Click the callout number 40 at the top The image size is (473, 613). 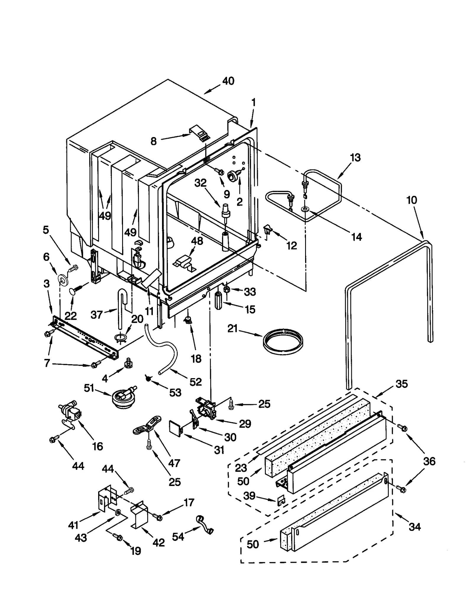point(228,81)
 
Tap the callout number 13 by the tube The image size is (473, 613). point(355,157)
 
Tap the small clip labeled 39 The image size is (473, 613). point(281,500)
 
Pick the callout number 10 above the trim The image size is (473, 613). point(412,200)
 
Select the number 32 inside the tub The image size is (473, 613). point(200,183)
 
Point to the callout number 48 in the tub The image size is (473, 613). point(197,241)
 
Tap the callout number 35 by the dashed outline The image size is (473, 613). point(401,384)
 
